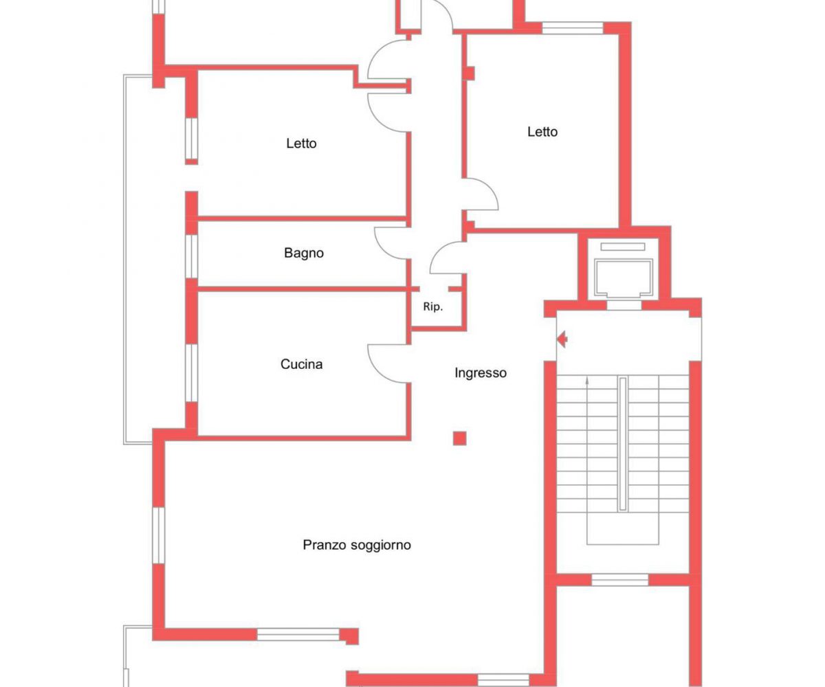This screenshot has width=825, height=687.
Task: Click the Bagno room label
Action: coord(304,253)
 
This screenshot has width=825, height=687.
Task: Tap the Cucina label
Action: coord(302,363)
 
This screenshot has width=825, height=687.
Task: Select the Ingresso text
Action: coord(481,372)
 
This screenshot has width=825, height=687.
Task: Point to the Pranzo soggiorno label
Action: coord(357,545)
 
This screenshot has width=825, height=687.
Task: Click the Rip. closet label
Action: coord(433,306)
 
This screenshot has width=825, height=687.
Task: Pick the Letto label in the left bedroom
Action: coord(302,143)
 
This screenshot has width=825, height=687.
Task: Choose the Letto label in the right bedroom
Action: coord(542,131)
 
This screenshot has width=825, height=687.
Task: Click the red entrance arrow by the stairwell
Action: coord(562,339)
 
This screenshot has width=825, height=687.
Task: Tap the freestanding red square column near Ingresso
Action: coord(459,438)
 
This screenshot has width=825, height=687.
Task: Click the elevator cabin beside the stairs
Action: coord(624,278)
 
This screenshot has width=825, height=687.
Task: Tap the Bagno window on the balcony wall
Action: coord(192,257)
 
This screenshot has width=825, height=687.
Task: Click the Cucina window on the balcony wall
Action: coord(192,373)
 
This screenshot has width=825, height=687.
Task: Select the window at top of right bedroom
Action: coord(573,28)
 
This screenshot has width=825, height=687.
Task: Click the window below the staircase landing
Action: coord(620,580)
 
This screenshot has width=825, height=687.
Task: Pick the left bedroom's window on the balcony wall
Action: coord(192,138)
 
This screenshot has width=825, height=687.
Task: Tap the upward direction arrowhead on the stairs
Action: coord(587,381)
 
